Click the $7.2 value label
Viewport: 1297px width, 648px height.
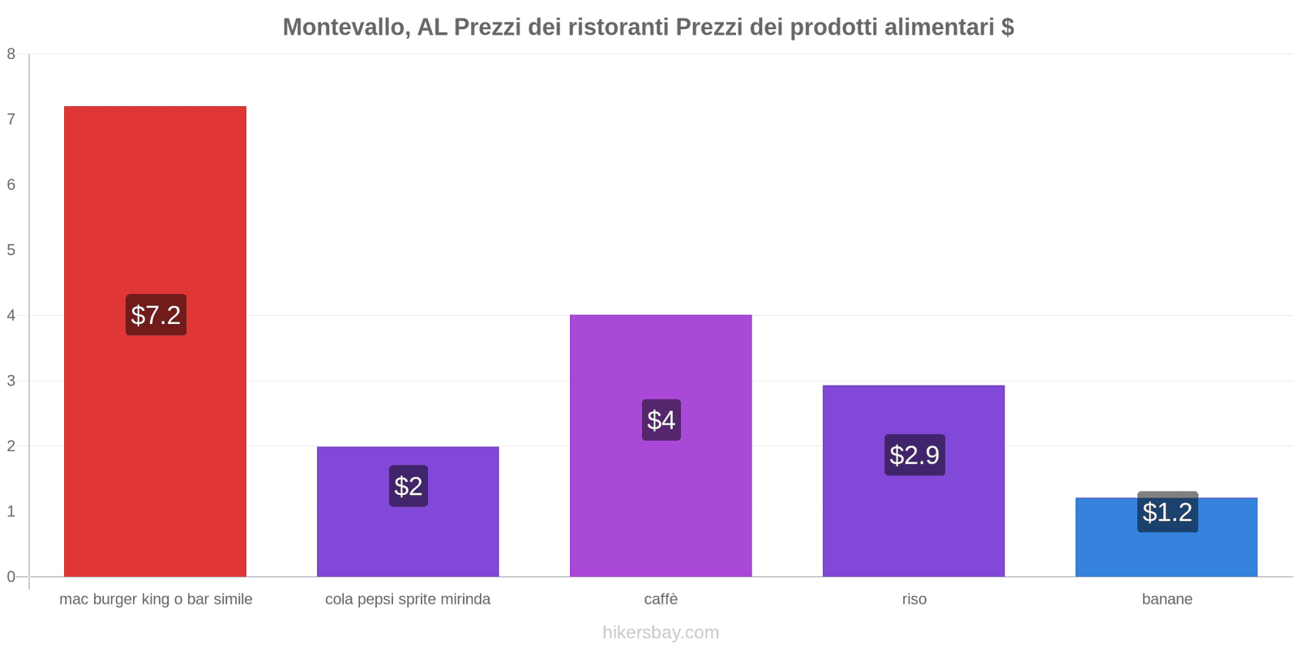[x=156, y=315]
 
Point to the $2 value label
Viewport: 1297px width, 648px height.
[x=409, y=486]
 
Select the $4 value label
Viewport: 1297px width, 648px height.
[x=661, y=420]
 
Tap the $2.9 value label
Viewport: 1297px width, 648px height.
[x=914, y=455]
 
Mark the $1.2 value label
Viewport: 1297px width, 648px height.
[x=1167, y=512]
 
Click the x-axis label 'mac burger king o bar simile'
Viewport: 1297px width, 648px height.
[x=156, y=599]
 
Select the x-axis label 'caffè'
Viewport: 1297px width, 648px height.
[x=661, y=599]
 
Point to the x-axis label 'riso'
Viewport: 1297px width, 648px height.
[x=914, y=599]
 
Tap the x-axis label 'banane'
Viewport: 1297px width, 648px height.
[x=1167, y=599]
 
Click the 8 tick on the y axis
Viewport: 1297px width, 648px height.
[x=11, y=54]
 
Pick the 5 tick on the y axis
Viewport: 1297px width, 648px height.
[x=11, y=250]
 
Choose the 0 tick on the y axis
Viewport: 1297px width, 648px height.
[x=11, y=577]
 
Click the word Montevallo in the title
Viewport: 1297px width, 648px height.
[x=344, y=28]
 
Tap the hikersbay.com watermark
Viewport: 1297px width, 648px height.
[x=661, y=633]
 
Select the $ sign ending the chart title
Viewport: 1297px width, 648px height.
[x=1008, y=28]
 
